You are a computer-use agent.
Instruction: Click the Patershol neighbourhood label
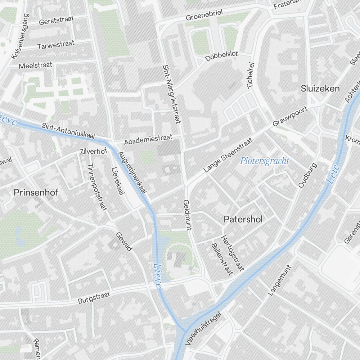point(243,219)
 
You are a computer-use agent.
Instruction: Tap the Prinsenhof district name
point(36,192)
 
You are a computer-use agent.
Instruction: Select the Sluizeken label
point(320,89)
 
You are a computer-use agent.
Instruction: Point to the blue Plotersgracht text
point(265,161)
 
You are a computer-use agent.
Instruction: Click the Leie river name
point(333,174)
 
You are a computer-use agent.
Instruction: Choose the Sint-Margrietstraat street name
point(171,94)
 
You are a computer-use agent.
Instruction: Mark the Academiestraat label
point(148,140)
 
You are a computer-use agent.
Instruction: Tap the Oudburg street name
point(307,175)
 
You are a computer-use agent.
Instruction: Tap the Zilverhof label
point(93,152)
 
